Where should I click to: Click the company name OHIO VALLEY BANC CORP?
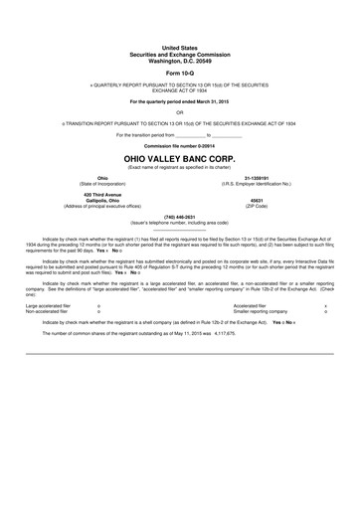coord(179,157)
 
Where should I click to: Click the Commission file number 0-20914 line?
coord(179,145)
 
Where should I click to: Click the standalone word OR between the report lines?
coord(179,111)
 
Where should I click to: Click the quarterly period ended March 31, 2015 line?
coord(179,101)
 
